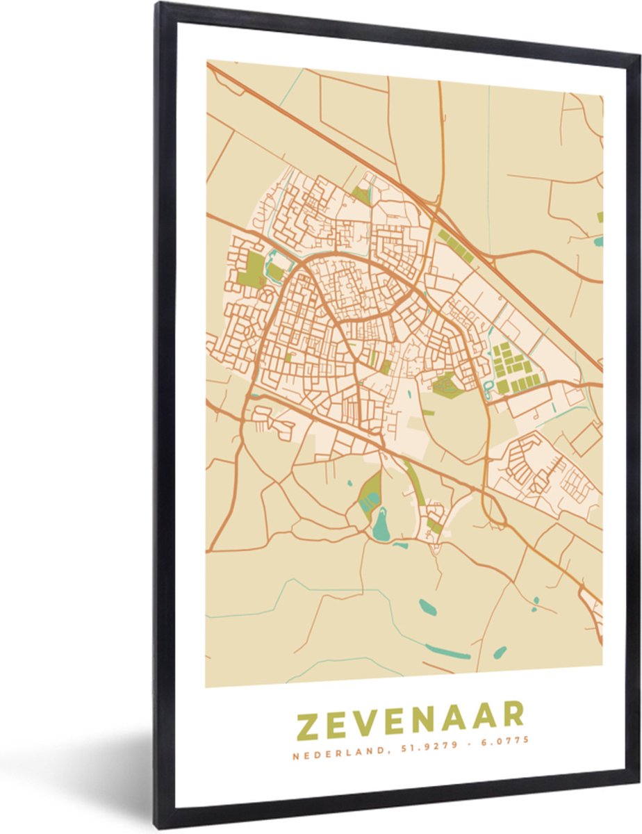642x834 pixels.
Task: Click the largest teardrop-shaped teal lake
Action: (x=381, y=525)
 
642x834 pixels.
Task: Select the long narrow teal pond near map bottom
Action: (x=447, y=652)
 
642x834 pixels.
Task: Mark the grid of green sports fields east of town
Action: (x=512, y=367)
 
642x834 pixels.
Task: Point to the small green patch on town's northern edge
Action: (x=361, y=195)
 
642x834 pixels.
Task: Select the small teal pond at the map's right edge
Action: (x=598, y=243)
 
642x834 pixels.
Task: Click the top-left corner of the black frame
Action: (x=158, y=6)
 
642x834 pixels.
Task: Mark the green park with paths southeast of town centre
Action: (x=447, y=384)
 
